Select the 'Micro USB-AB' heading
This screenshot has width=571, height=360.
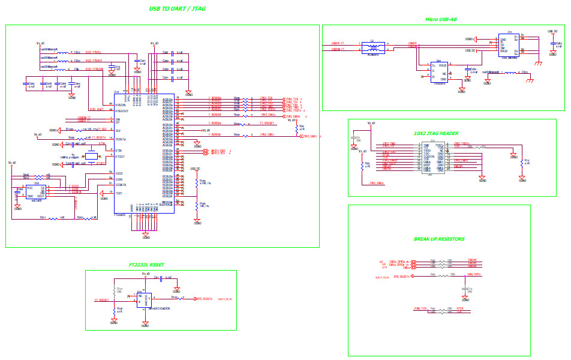[x=441, y=19]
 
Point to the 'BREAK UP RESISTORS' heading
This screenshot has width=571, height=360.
[x=439, y=239]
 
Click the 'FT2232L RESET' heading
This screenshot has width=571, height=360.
[x=146, y=265]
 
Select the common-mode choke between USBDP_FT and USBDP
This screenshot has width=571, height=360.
[x=372, y=47]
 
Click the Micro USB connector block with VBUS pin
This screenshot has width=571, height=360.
[x=509, y=44]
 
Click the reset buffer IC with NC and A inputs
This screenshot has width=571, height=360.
[x=143, y=298]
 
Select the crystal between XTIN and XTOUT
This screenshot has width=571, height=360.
[x=91, y=156]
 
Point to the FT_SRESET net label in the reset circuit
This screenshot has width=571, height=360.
[x=103, y=299]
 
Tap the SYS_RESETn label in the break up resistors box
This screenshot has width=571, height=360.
[x=401, y=277]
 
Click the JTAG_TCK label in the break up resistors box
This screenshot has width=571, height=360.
[x=419, y=308]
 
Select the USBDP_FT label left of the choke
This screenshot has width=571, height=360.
[x=338, y=43]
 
